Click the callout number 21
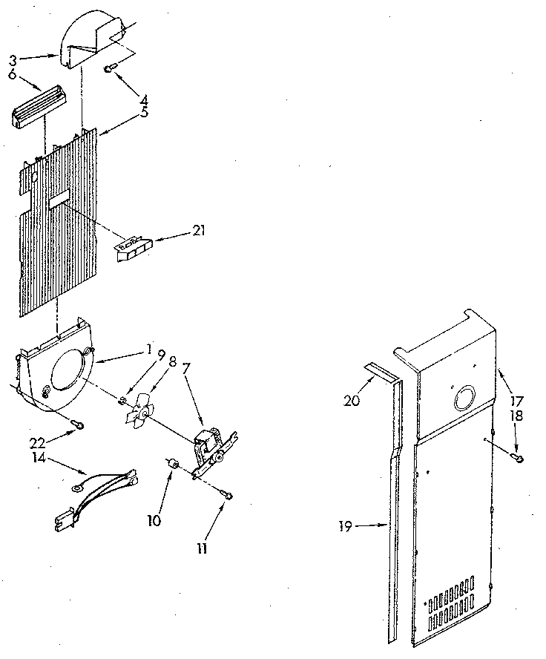click(198, 231)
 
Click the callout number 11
click(202, 549)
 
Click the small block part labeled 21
click(132, 246)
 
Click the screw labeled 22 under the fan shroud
click(78, 424)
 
